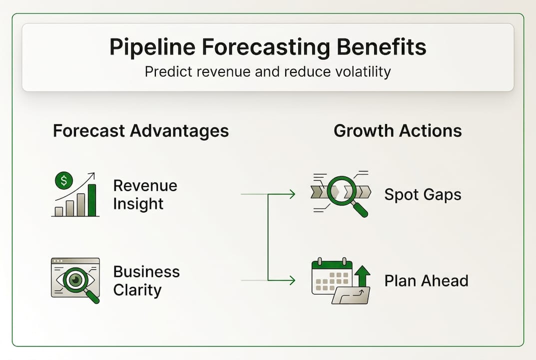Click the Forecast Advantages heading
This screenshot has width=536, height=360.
[141, 131]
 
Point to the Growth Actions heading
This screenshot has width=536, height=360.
[398, 131]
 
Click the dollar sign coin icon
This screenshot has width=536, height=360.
[63, 180]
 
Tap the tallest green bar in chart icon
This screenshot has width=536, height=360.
[92, 200]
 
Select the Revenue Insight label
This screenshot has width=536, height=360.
[145, 194]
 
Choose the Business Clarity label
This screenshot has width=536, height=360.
[146, 280]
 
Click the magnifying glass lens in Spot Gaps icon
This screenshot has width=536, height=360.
[342, 191]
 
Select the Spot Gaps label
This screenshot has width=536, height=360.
[423, 194]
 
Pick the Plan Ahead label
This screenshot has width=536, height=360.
[426, 280]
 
